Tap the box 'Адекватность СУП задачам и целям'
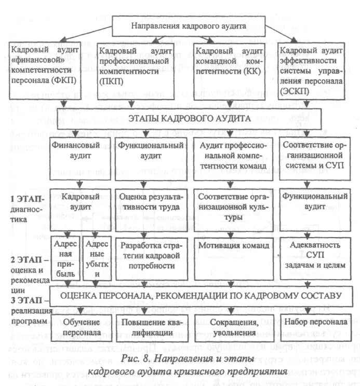312,255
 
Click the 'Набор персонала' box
312,321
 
